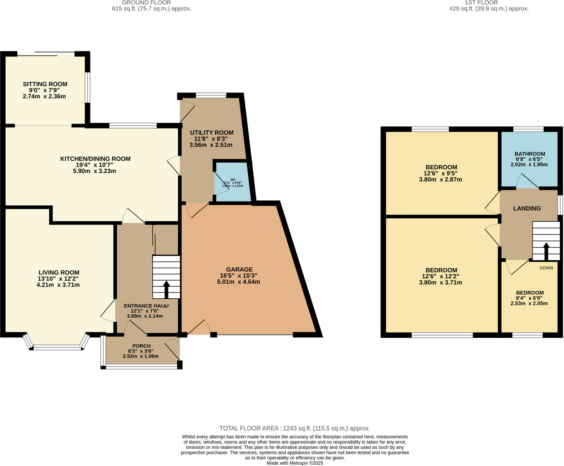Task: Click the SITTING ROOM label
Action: point(45,84)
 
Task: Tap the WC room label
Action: point(233,180)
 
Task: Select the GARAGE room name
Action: point(239,269)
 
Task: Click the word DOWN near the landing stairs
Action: point(546,268)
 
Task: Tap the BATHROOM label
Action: point(530,154)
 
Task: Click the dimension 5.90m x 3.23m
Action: point(94,171)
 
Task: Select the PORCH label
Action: point(141,346)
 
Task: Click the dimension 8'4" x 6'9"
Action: point(529,298)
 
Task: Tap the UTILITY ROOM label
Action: point(211,133)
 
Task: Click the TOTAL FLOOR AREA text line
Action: point(295,428)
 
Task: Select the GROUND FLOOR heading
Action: point(146,3)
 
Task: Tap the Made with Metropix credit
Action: point(295,463)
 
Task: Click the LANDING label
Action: point(527,208)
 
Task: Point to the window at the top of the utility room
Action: point(211,96)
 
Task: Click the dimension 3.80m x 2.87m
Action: point(440,180)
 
